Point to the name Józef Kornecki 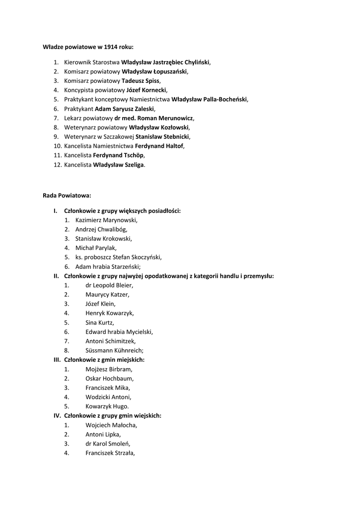(x=146, y=90)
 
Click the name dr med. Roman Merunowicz (x=153, y=118)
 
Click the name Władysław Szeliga (x=119, y=165)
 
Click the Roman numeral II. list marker (x=57, y=276)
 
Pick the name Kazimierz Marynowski (x=106, y=220)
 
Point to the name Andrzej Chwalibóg (x=101, y=229)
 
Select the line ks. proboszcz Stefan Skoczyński (x=118, y=257)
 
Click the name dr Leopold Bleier (x=109, y=285)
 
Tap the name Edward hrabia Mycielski (x=119, y=332)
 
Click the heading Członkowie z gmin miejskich (x=104, y=360)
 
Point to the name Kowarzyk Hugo (x=107, y=406)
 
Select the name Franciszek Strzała (x=110, y=453)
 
